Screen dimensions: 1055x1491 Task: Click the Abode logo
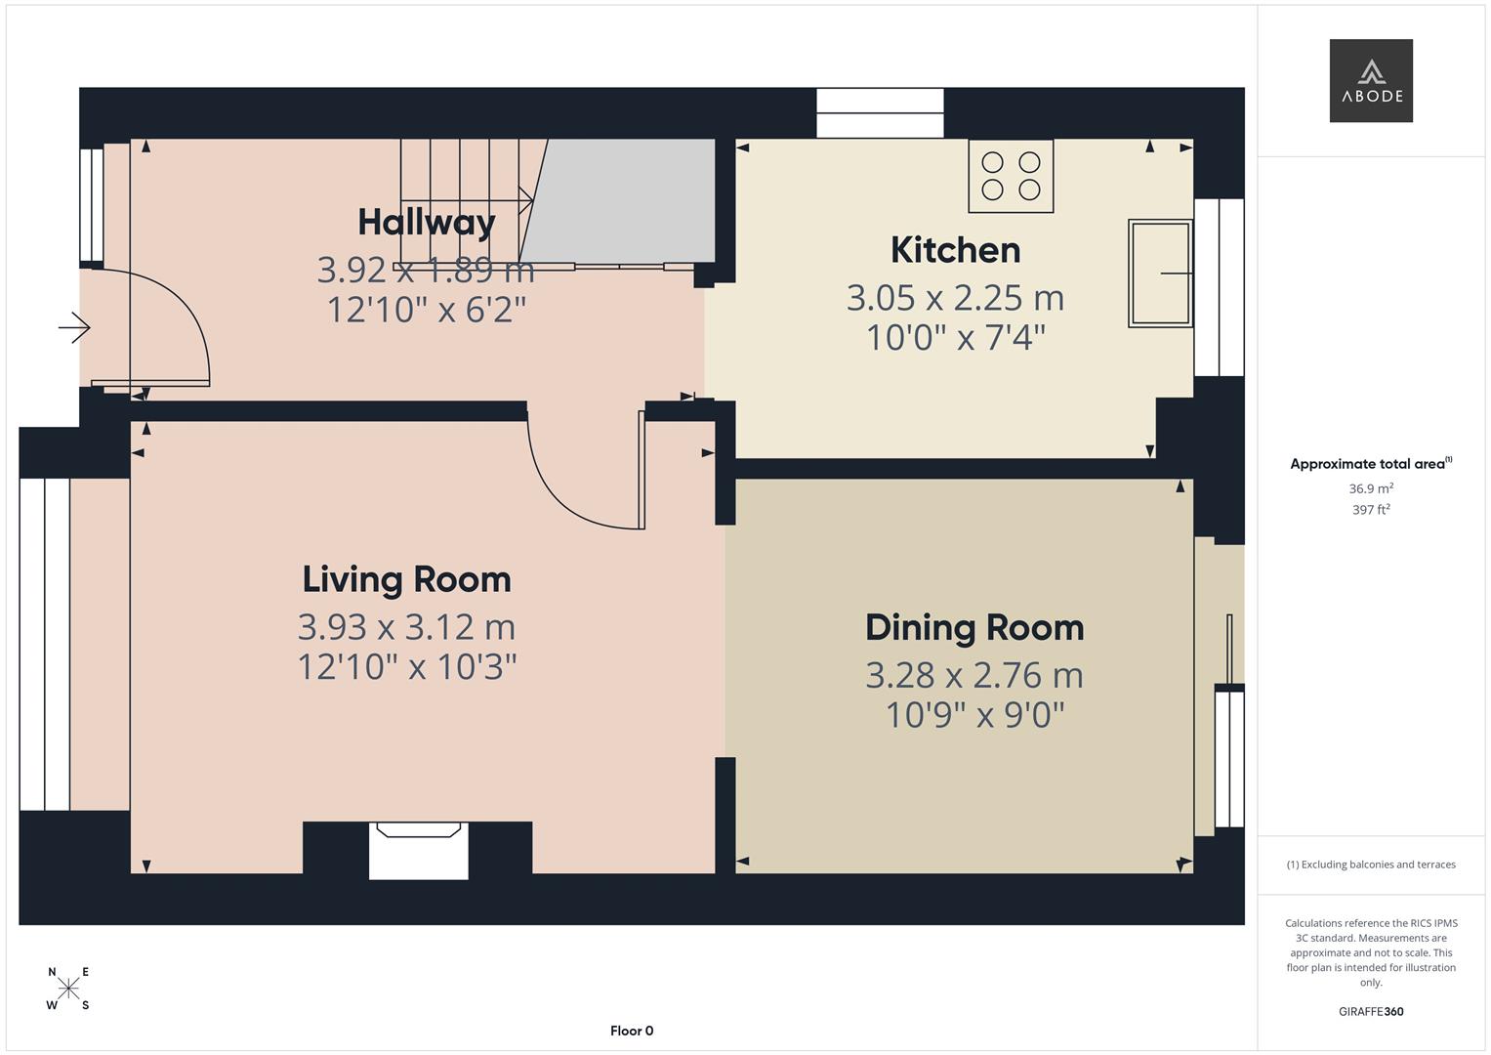tap(1370, 80)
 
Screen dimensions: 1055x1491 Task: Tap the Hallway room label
tap(427, 222)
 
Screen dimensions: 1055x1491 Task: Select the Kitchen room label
tap(955, 250)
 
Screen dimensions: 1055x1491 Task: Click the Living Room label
tap(406, 579)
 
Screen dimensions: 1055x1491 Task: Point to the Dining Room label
tap(973, 627)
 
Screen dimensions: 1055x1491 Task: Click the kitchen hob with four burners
tap(1011, 176)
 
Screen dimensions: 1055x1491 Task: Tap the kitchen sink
tap(1160, 273)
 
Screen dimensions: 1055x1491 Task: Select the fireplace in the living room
tap(418, 849)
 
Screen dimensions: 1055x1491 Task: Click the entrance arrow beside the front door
tap(74, 327)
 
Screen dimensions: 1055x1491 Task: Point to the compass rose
tap(68, 989)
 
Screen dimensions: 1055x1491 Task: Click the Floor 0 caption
tap(632, 1031)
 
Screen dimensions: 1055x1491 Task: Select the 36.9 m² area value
tap(1370, 488)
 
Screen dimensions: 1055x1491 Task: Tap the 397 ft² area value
tap(1370, 510)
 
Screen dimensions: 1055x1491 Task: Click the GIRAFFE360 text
tap(1370, 1011)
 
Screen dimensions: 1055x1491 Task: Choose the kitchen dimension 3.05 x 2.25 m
tap(955, 297)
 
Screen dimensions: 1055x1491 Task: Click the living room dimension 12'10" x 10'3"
tap(406, 667)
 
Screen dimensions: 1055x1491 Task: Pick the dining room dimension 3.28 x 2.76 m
tap(973, 675)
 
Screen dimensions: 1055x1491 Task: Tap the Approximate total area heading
tap(1370, 464)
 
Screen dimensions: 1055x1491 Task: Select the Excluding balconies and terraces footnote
tap(1370, 865)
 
